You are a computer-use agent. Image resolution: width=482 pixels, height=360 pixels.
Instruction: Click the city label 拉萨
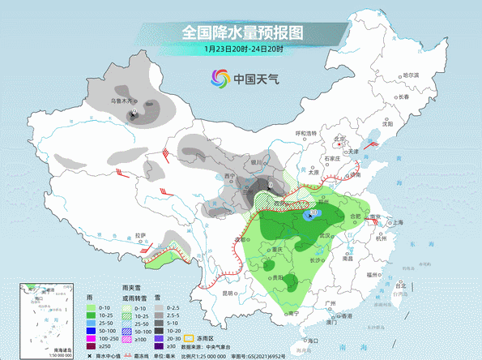142,236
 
